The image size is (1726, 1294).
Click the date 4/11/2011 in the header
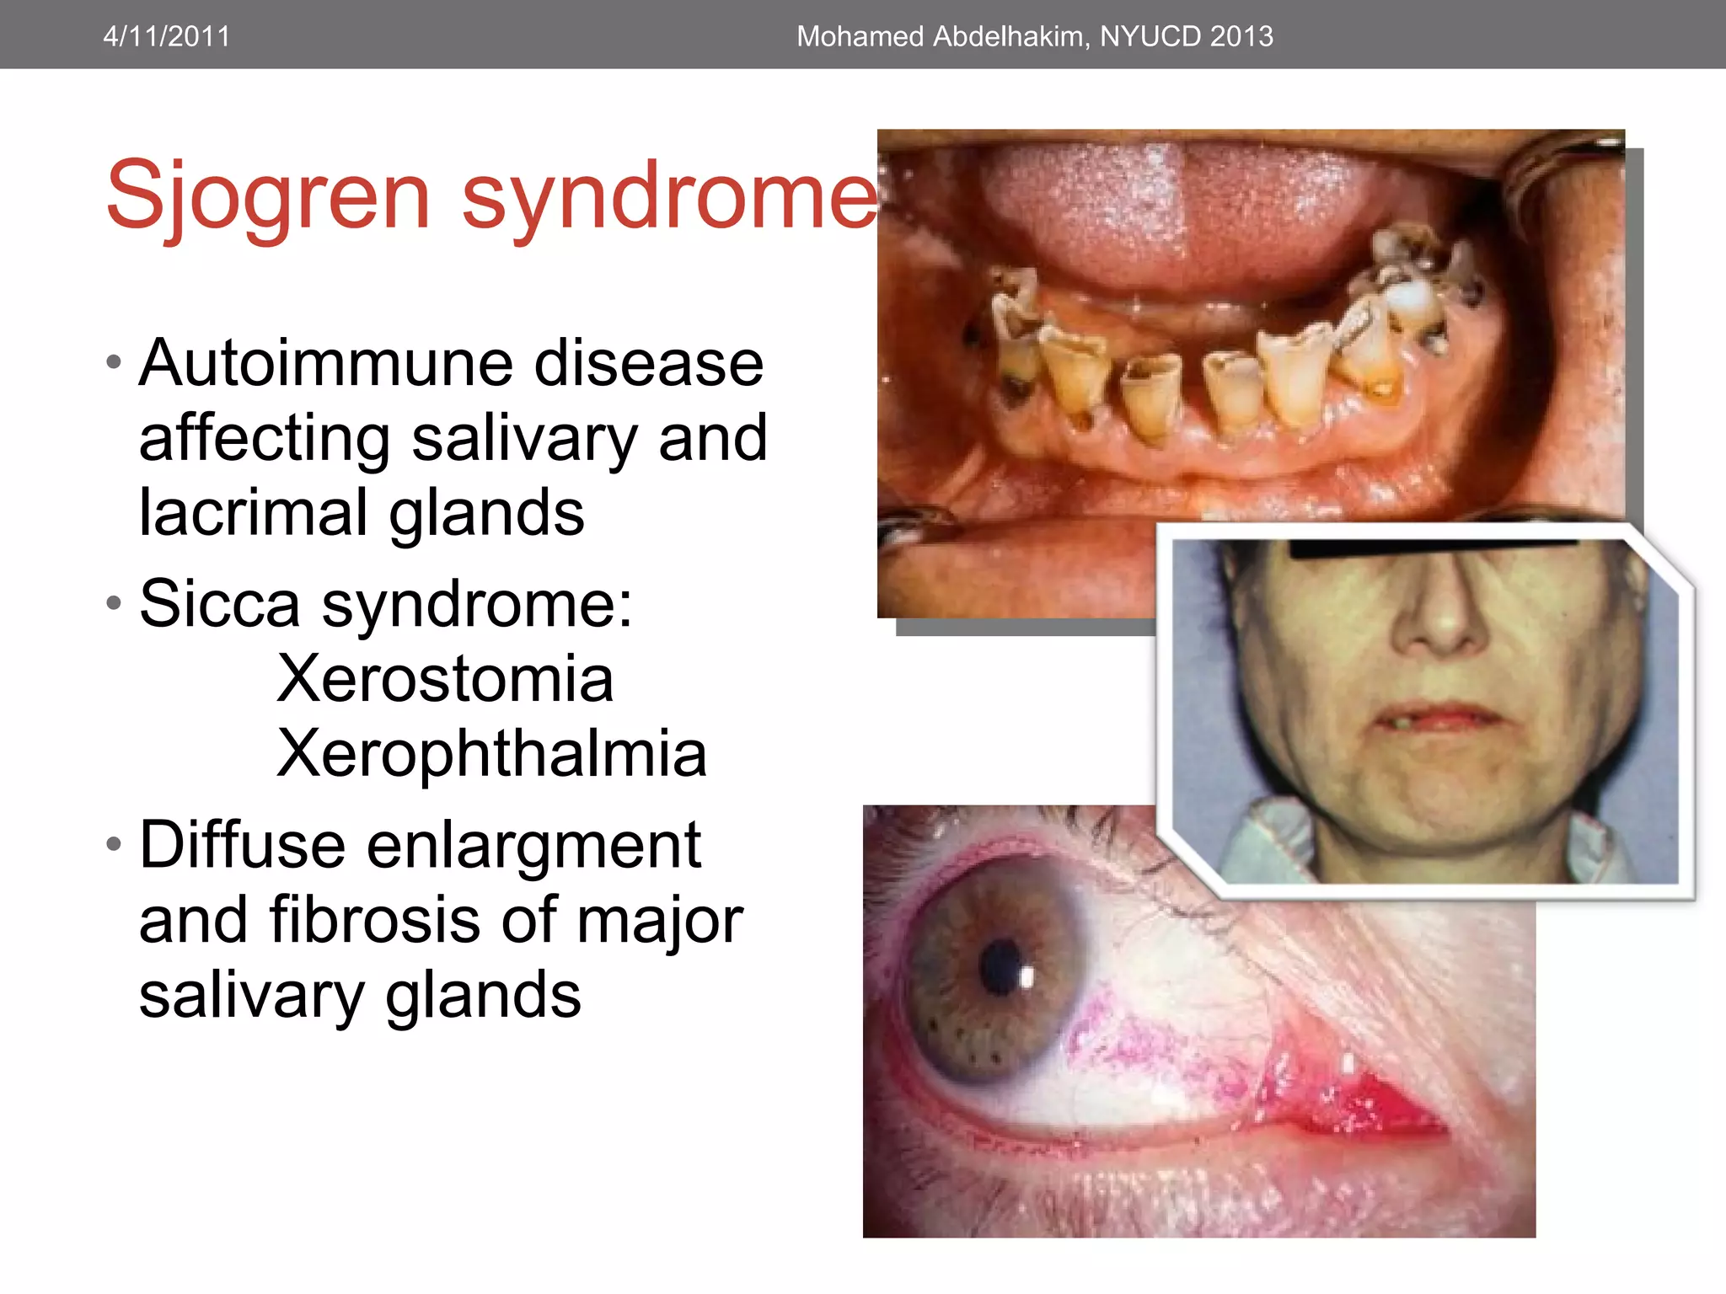(166, 36)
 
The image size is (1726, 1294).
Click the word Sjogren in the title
(268, 197)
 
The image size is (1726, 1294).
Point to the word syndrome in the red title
(670, 197)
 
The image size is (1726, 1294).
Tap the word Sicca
(219, 603)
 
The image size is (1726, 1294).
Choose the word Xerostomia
(445, 679)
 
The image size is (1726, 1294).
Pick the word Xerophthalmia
(491, 753)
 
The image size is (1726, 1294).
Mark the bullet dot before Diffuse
(115, 843)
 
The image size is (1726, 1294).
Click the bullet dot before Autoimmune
(115, 363)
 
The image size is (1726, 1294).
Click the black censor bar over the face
(1433, 549)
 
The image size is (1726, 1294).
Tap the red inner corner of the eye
(1365, 1104)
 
